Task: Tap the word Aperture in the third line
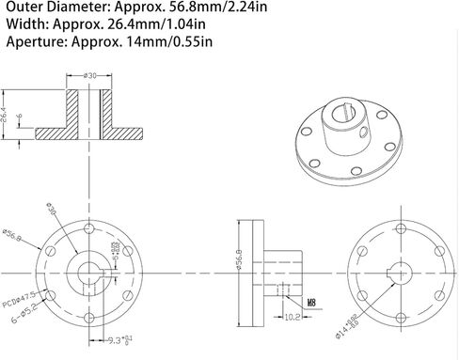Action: point(31,43)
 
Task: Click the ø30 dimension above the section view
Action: point(91,75)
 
